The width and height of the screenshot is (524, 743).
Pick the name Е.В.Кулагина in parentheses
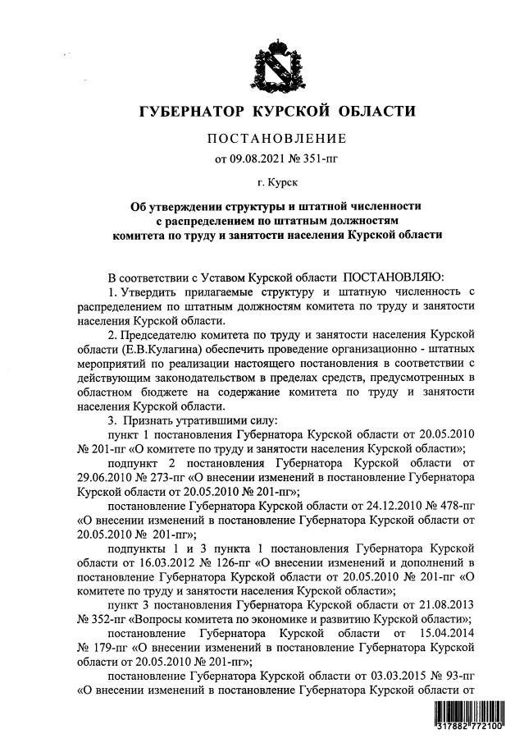click(x=156, y=362)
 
